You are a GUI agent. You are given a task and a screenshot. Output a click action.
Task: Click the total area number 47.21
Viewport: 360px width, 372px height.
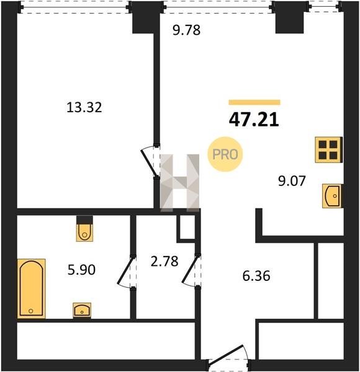coord(254,120)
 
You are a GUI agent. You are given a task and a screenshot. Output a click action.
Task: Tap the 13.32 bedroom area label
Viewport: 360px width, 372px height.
coord(84,107)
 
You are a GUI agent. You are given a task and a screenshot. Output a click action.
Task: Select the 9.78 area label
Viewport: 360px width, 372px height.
coord(187,30)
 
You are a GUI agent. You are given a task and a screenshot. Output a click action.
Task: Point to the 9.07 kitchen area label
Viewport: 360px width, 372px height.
coord(292,181)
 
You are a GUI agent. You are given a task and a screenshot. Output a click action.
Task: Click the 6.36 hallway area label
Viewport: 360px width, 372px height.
coord(256,276)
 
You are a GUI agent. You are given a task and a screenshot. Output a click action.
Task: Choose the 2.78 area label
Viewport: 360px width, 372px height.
coord(164,261)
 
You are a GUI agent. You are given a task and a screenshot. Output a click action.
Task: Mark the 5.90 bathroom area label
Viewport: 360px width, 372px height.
coord(81,270)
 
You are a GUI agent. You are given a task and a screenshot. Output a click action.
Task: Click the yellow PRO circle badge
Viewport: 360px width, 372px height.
coord(225,154)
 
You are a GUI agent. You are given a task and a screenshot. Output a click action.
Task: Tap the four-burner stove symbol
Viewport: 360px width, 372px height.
coord(328,150)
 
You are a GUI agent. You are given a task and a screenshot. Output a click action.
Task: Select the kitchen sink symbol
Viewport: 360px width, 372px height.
coord(332,196)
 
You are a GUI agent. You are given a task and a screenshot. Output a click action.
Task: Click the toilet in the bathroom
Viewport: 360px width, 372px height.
coord(84,229)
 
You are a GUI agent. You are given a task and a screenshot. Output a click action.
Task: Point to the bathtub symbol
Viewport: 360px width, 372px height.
coord(32,288)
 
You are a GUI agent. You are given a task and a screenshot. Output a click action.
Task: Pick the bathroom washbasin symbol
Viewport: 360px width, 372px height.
coord(82,311)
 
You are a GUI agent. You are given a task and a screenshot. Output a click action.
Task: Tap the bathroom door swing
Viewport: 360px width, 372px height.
coord(126,272)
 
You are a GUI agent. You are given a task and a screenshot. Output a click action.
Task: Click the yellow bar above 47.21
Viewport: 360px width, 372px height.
coord(254,102)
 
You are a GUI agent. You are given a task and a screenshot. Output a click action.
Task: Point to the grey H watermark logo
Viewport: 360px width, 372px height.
coord(180,183)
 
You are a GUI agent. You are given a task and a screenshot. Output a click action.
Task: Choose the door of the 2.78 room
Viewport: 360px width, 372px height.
coord(191,271)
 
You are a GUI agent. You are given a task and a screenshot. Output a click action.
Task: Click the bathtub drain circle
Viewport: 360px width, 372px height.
coord(30,311)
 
